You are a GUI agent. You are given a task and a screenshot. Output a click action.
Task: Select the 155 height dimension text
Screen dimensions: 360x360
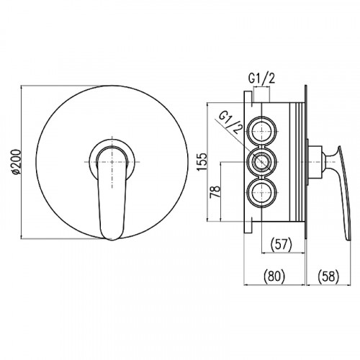pyautogui.click(x=202, y=161)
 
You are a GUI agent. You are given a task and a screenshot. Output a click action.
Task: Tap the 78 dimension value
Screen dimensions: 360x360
pyautogui.click(x=215, y=192)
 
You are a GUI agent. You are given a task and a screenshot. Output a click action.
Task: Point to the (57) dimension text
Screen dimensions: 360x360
pyautogui.click(x=281, y=244)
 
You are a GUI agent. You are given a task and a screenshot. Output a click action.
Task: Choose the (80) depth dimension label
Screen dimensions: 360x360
pyautogui.click(x=274, y=276)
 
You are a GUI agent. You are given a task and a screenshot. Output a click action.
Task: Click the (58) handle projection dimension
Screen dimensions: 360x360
pyautogui.click(x=328, y=276)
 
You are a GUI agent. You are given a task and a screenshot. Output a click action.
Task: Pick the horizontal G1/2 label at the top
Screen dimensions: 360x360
pyautogui.click(x=261, y=78)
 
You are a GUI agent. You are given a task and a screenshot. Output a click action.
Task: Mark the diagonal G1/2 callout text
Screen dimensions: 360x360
pyautogui.click(x=231, y=124)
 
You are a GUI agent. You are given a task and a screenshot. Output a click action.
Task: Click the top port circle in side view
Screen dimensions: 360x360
pyautogui.click(x=261, y=132)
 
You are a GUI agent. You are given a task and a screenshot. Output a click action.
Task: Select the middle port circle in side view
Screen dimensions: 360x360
pyautogui.click(x=261, y=162)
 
